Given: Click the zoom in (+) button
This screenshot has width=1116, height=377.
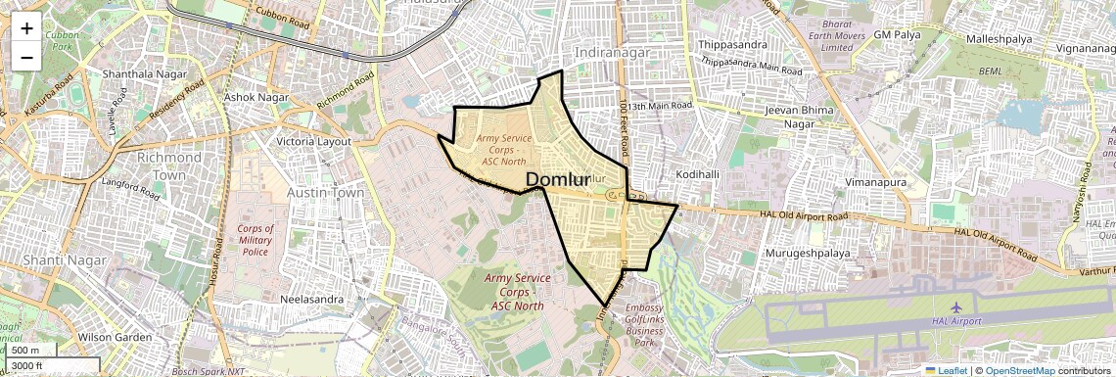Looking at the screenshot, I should [26, 27].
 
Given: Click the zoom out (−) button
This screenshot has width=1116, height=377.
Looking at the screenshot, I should [26, 57].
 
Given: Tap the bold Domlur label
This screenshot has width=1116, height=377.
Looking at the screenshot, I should [559, 179].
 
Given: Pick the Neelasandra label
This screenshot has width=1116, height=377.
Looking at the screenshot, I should [314, 299].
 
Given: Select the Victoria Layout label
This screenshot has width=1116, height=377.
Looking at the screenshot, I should [314, 141].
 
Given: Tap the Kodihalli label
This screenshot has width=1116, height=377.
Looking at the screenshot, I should [698, 174].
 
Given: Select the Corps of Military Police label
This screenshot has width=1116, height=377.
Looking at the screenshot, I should [256, 240].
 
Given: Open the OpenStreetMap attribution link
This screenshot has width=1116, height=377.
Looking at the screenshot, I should [1019, 370].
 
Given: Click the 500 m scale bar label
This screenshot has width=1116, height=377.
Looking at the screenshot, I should [25, 351].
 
